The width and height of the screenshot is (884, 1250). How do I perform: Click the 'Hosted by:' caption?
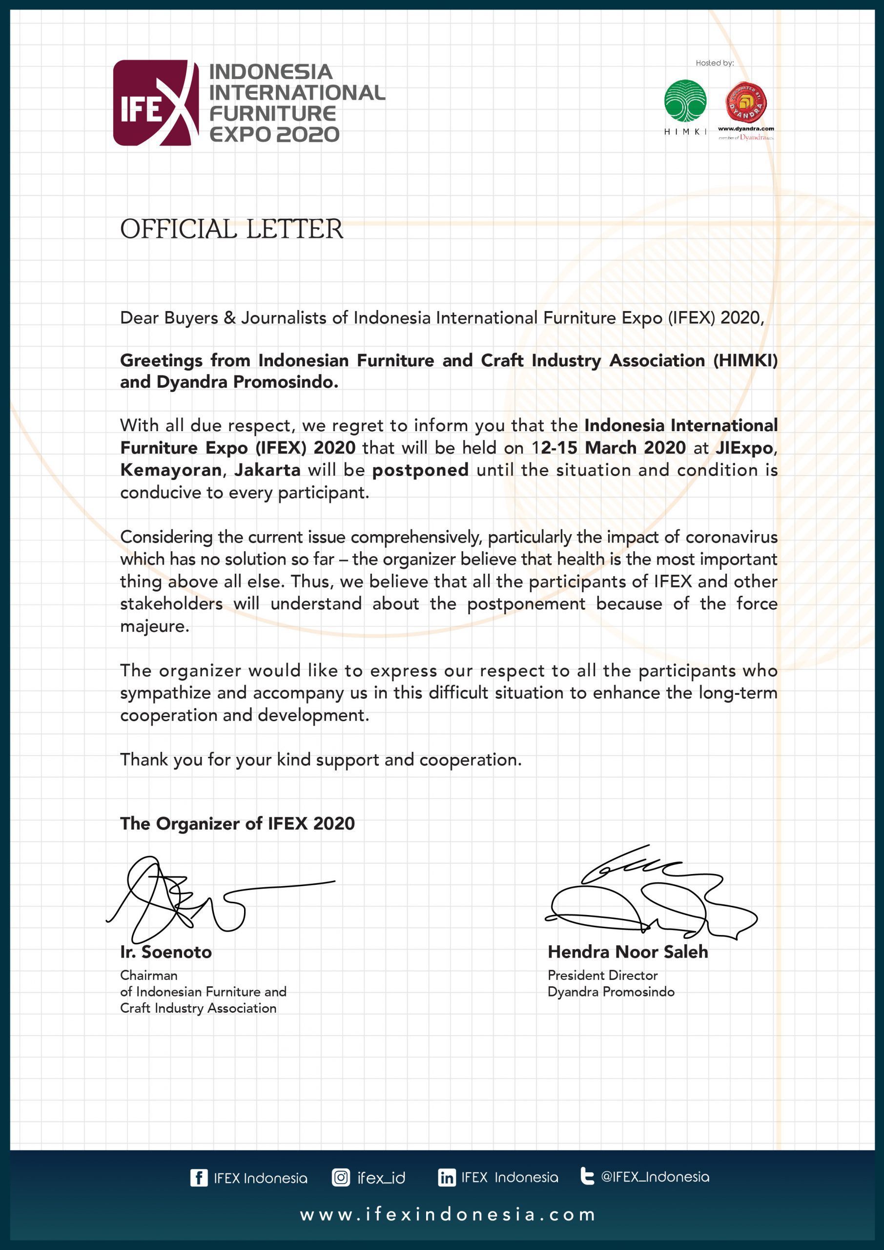tap(714, 63)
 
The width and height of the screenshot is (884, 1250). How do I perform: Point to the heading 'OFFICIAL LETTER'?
tap(231, 229)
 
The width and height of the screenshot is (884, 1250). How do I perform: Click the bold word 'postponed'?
tap(420, 470)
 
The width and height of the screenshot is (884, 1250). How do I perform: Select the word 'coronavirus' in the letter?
tap(731, 537)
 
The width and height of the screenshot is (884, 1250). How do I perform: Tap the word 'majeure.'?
tap(155, 626)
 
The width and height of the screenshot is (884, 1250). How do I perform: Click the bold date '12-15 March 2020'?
tap(608, 448)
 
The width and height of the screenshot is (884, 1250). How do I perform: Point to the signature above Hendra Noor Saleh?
tap(648, 893)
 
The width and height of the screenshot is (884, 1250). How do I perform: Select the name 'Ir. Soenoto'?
tap(166, 952)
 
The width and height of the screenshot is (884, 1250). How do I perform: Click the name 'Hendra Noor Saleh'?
tap(628, 952)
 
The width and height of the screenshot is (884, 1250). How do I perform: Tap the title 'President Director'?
tap(602, 975)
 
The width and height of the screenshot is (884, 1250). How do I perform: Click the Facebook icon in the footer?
tap(199, 1178)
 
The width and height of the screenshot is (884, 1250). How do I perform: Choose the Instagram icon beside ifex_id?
tap(341, 1178)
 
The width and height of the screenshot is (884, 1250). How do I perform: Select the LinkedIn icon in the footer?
tap(446, 1178)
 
